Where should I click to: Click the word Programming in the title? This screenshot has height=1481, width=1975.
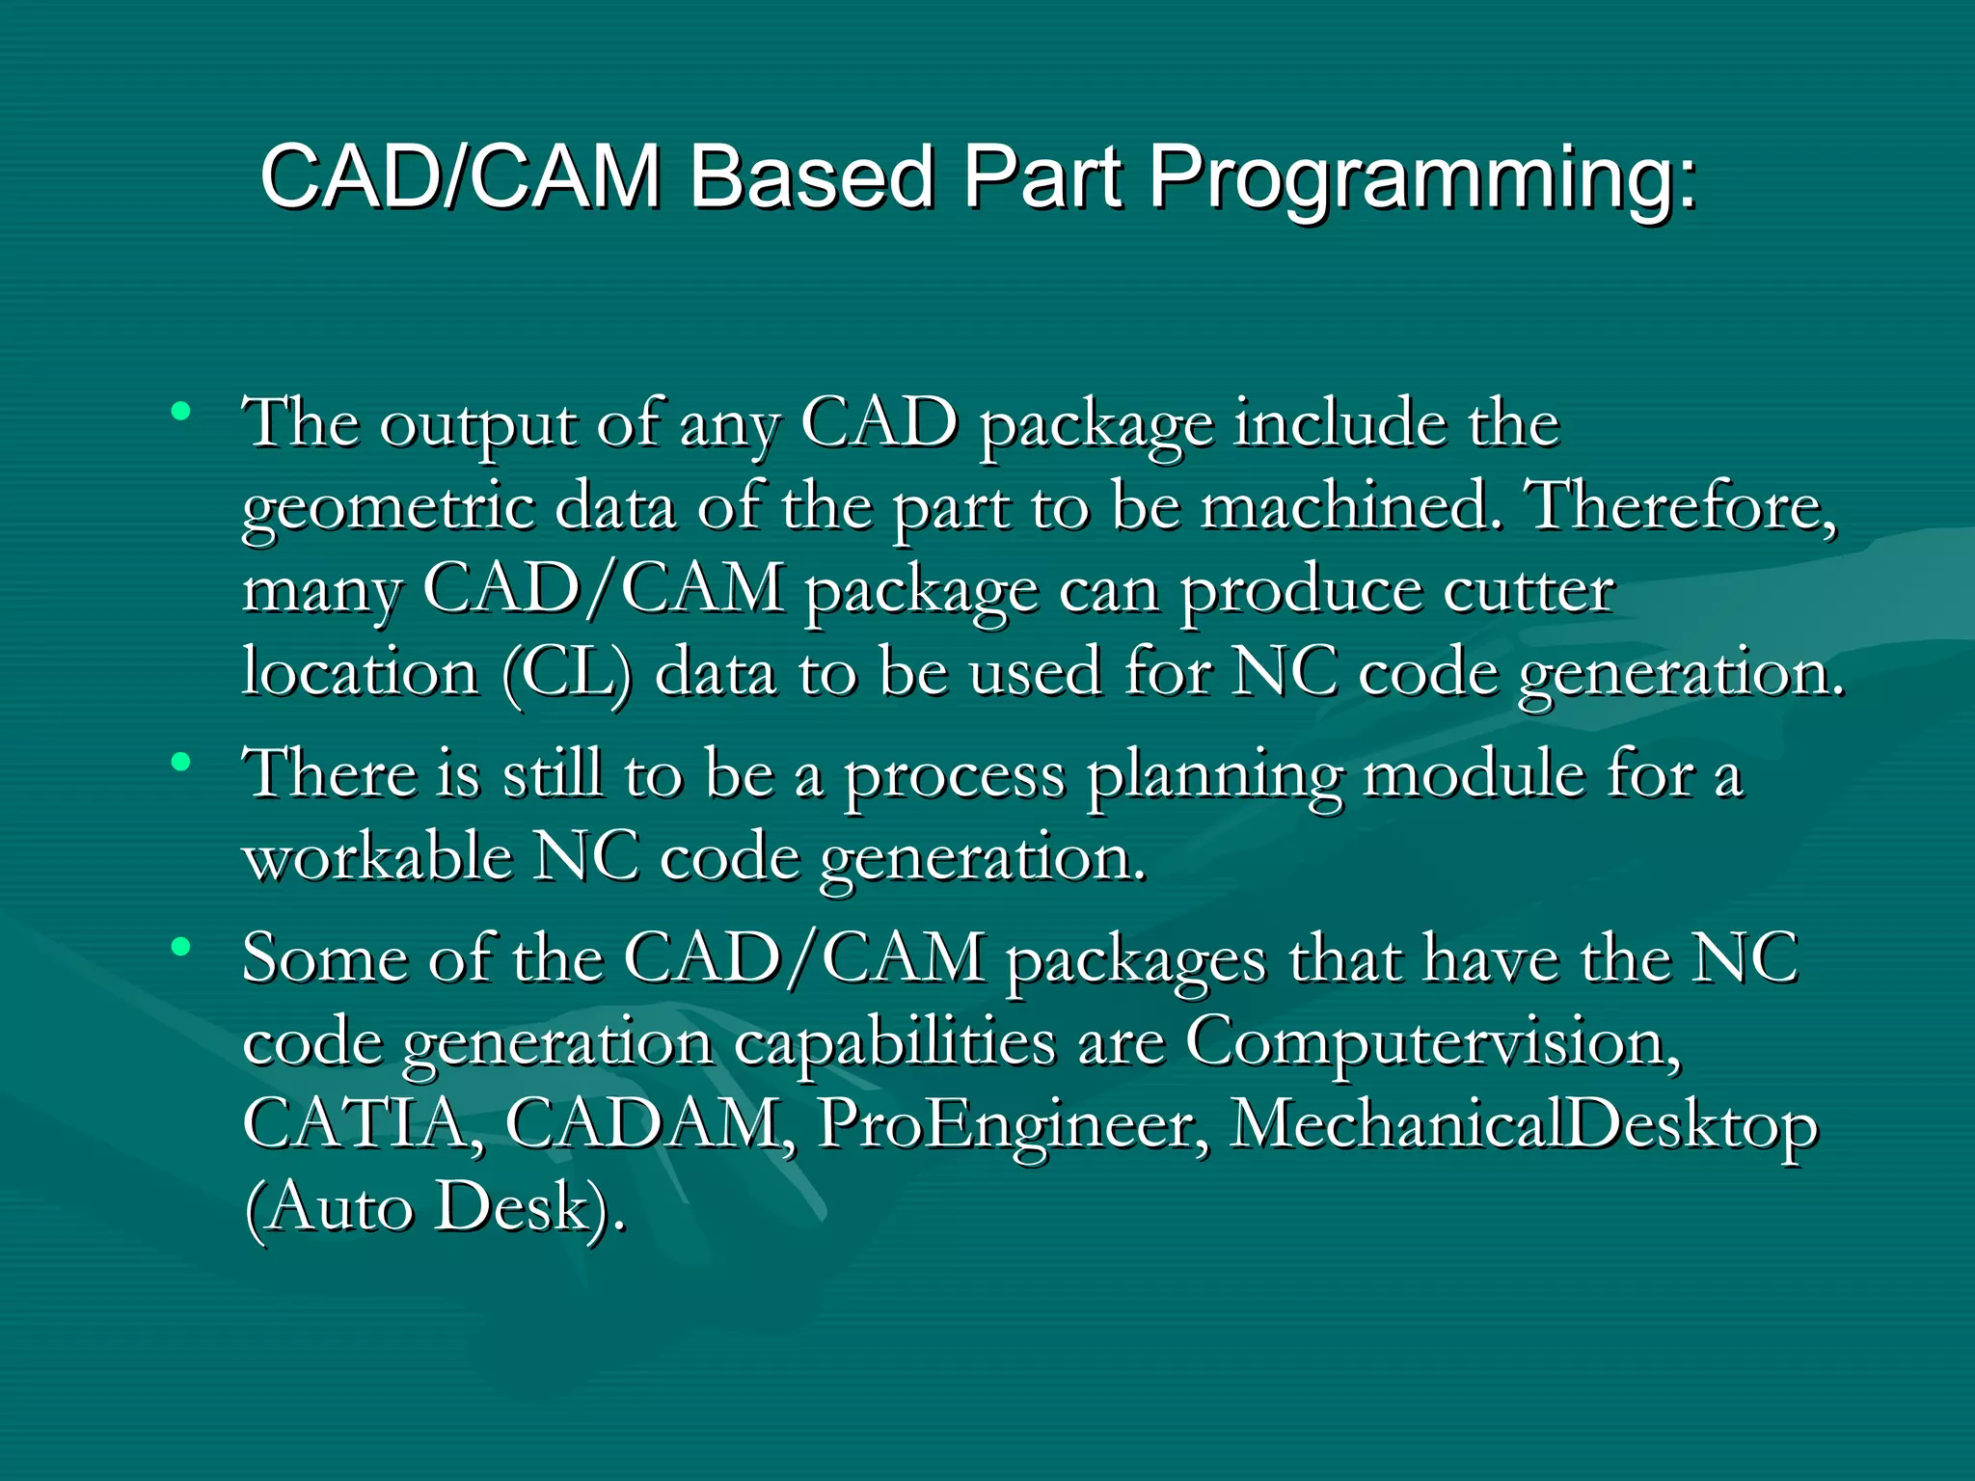(x=1421, y=178)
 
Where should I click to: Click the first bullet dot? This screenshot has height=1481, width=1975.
(x=180, y=413)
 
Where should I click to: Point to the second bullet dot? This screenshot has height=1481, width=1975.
(x=180, y=763)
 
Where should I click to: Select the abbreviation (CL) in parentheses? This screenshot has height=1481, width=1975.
(x=567, y=672)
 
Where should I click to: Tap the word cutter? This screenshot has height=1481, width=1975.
(x=1528, y=589)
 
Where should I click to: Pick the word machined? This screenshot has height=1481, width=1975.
(x=1351, y=505)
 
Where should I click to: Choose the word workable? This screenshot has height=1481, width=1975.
(x=377, y=856)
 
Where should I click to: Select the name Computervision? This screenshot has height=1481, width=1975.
(x=1433, y=1042)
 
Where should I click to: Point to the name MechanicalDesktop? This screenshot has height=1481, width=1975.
(x=1524, y=1126)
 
